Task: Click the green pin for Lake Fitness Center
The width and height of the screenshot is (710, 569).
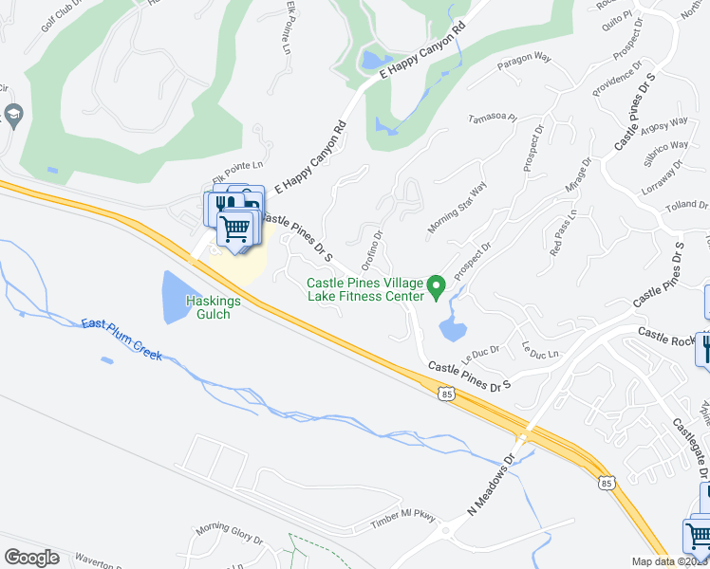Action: (x=437, y=285)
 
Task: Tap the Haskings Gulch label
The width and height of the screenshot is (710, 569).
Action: (x=200, y=306)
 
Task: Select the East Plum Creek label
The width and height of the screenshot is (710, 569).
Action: (x=121, y=340)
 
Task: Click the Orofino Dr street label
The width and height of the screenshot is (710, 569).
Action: (x=371, y=249)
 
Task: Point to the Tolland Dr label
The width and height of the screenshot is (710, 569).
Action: (x=686, y=204)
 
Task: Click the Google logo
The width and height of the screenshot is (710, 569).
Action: (x=32, y=558)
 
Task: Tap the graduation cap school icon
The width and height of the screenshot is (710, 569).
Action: (x=14, y=117)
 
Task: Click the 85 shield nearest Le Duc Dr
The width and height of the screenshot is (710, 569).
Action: (x=446, y=392)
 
